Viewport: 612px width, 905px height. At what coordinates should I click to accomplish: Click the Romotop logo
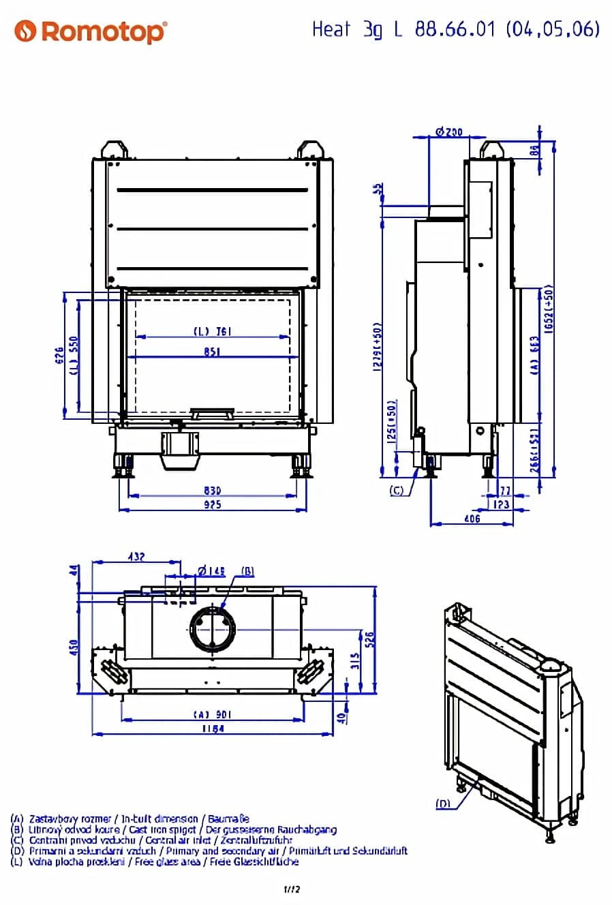point(91,31)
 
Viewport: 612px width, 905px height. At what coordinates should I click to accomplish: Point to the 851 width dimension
point(212,352)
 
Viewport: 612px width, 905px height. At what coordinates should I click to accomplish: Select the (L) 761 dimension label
point(212,331)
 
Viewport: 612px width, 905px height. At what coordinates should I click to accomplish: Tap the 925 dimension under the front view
point(212,505)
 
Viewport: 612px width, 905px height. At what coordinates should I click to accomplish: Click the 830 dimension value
point(212,491)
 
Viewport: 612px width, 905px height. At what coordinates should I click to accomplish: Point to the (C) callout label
point(397,491)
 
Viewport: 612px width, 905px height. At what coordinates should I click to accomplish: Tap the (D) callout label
point(443,804)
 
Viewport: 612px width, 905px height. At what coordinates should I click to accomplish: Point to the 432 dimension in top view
point(136,557)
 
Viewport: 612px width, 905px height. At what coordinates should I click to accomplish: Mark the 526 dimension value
point(370,639)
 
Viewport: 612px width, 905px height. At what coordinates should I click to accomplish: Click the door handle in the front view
point(212,412)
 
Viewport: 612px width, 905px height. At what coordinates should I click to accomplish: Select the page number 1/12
point(292,889)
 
